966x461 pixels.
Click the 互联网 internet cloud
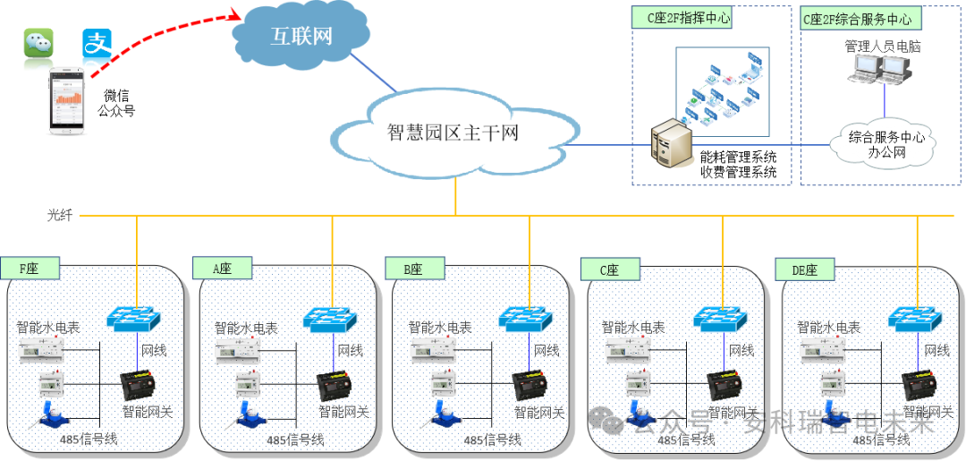point(301,36)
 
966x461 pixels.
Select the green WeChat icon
point(38,43)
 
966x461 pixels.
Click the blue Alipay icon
point(97,43)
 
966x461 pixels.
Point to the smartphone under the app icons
point(68,101)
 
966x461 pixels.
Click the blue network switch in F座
point(135,318)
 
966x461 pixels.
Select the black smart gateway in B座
point(530,385)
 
